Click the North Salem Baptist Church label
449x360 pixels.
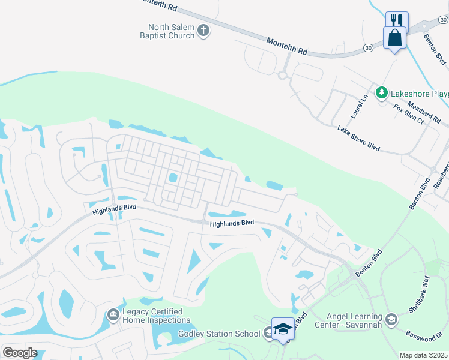coord(172,31)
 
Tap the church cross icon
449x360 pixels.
coord(203,31)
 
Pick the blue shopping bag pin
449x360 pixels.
coord(395,38)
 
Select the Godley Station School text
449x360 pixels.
coord(219,334)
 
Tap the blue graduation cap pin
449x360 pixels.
coord(283,328)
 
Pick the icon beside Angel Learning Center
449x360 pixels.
coord(392,319)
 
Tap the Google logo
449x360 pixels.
coord(19,352)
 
